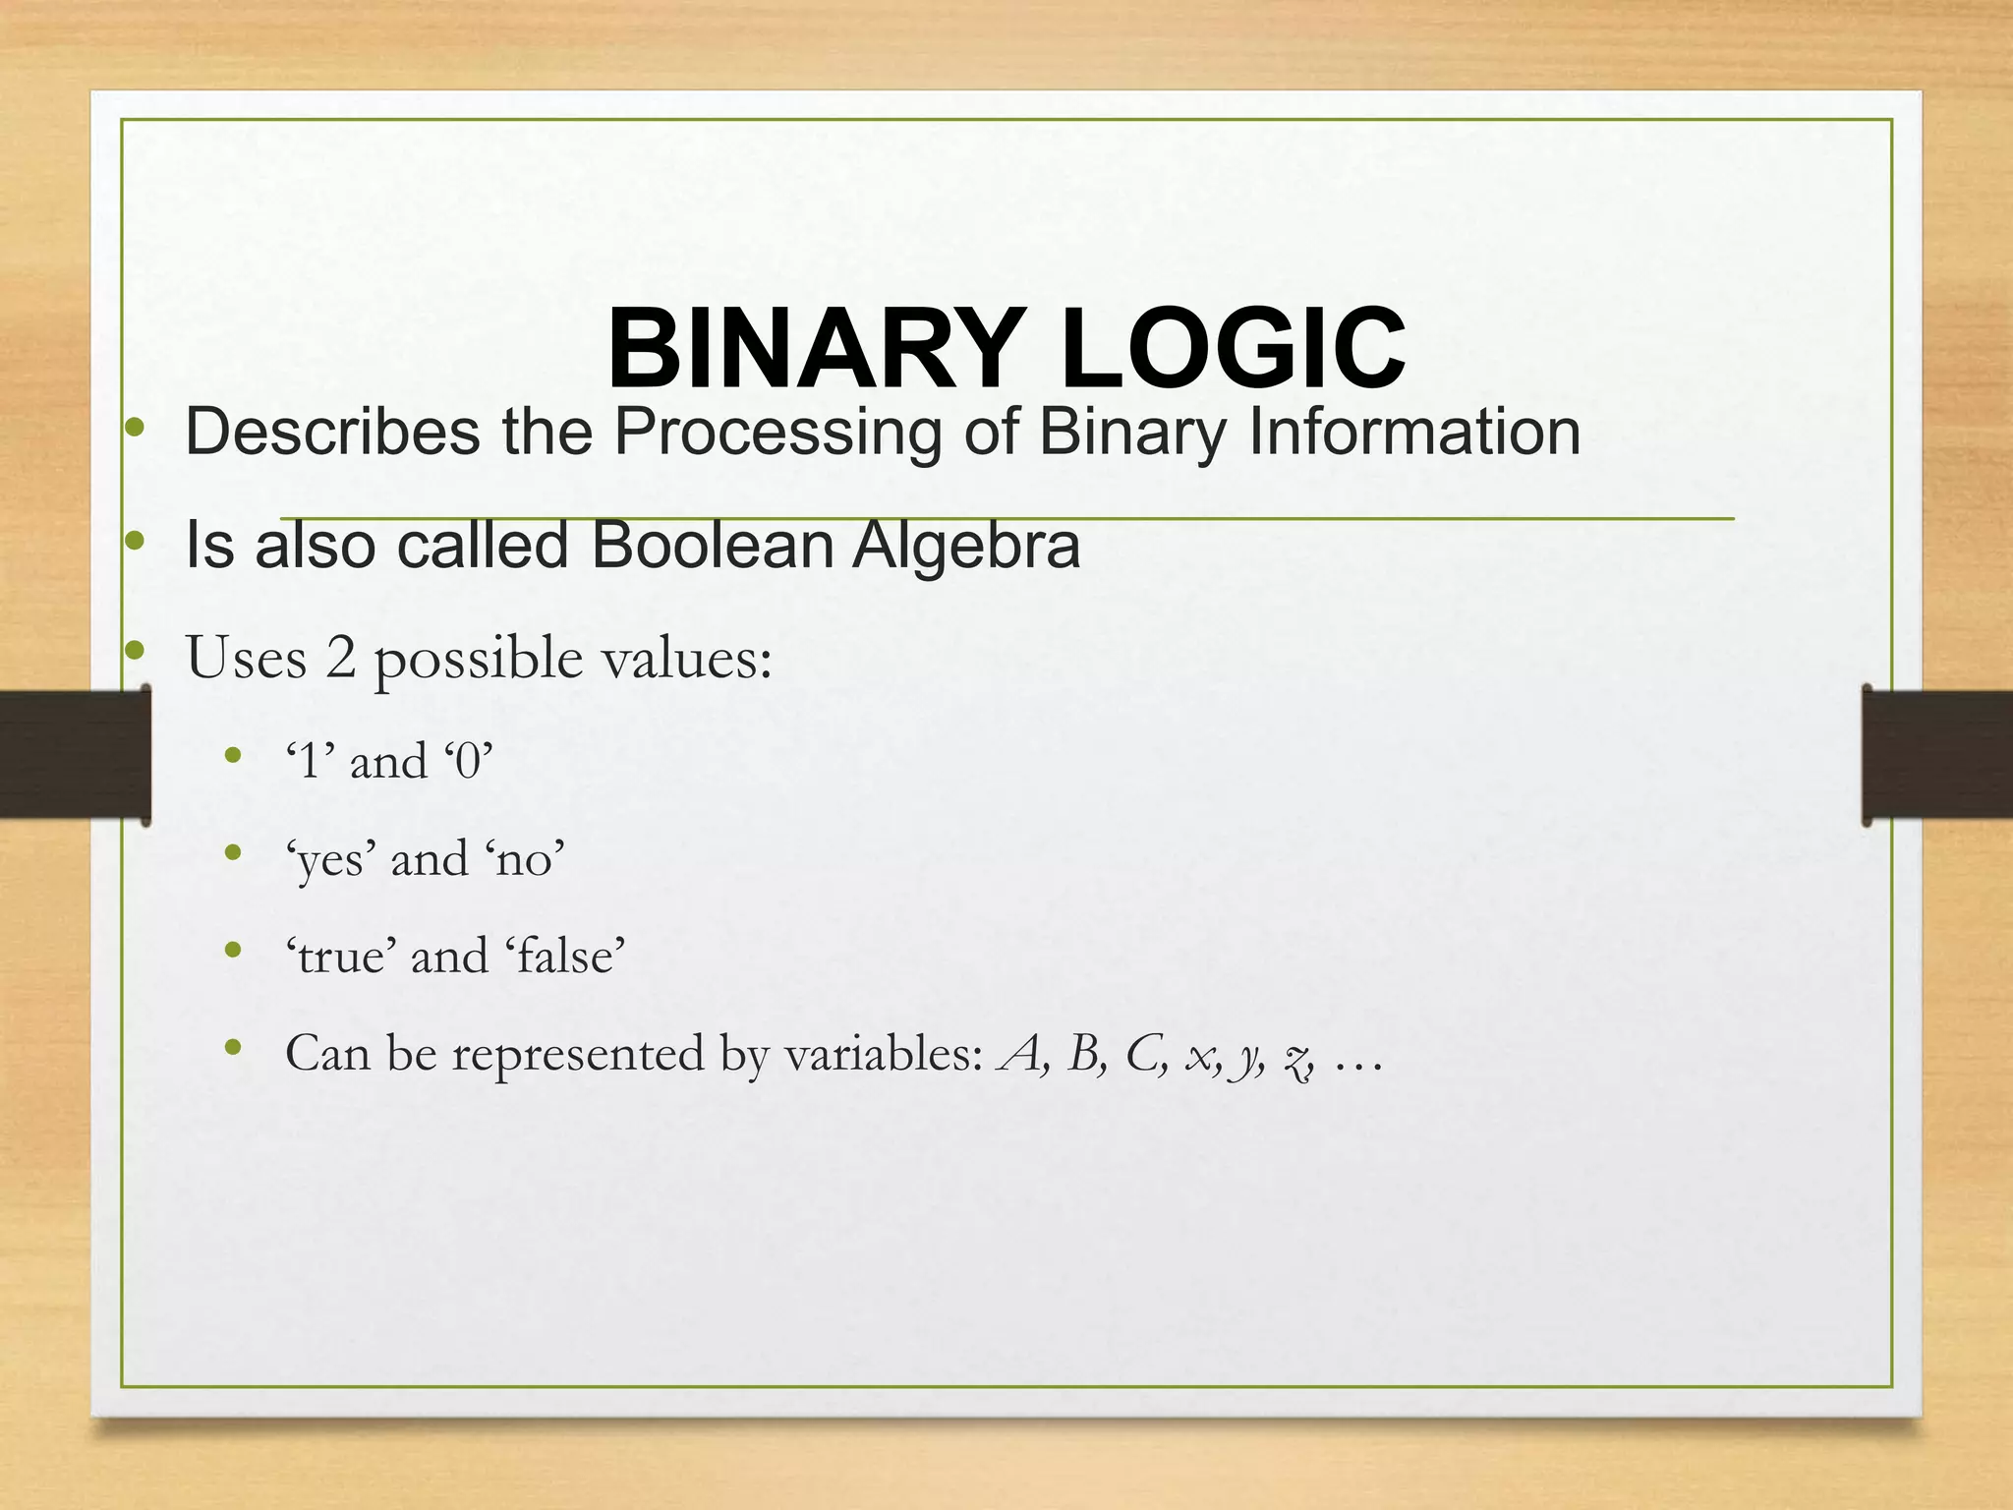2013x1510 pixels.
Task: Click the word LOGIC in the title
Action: pyautogui.click(x=1233, y=350)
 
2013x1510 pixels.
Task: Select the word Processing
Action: pyautogui.click(x=777, y=434)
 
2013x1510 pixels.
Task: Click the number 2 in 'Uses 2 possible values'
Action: pyautogui.click(x=340, y=657)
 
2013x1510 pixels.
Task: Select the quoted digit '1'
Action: pyautogui.click(x=310, y=761)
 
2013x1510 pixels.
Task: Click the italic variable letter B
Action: pyautogui.click(x=1084, y=1054)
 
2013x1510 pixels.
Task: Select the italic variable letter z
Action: pyautogui.click(x=1297, y=1058)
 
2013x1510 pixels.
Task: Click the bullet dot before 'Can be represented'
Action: pyautogui.click(x=233, y=1048)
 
